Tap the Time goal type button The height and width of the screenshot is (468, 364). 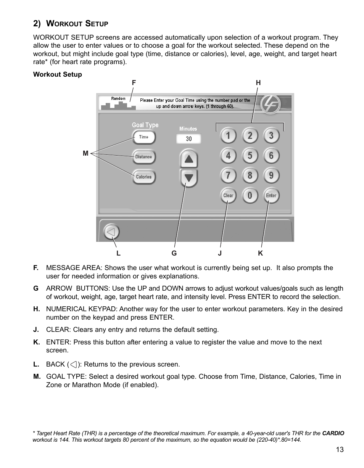144,137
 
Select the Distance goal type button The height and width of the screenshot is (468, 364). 144,157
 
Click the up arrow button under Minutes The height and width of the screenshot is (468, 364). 188,159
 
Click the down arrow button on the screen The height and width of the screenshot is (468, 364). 188,178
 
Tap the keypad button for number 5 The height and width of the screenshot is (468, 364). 250,155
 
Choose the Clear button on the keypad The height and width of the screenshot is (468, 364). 228,195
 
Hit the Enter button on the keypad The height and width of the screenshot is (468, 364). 271,195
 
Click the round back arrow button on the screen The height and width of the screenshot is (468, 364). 111,232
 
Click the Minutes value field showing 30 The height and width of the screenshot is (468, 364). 188,139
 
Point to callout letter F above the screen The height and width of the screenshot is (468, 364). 134,82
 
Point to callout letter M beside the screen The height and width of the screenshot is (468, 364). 85,153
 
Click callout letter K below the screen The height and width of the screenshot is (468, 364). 260,253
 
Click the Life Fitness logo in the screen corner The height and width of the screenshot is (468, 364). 271,104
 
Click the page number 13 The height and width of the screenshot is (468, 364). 340,449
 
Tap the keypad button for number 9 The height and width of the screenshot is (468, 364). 271,175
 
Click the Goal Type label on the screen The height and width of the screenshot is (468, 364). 145,125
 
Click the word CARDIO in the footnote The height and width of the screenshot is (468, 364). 333,433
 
